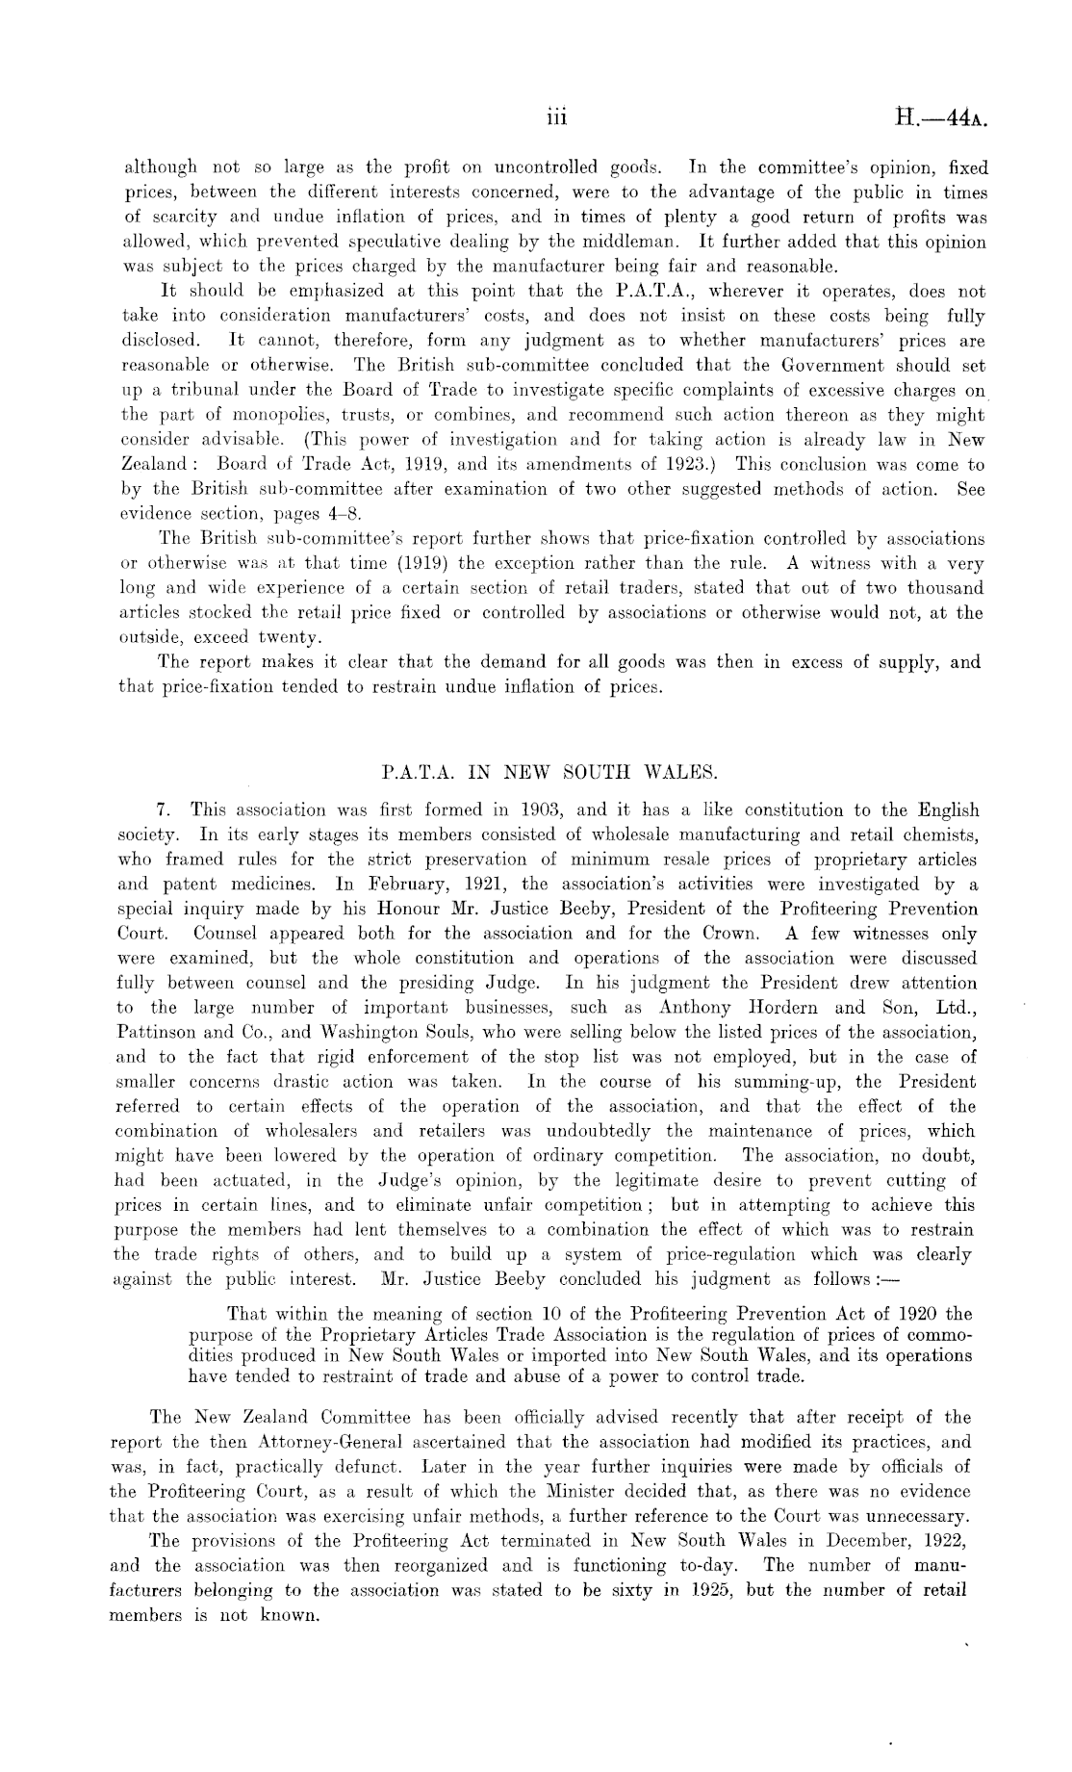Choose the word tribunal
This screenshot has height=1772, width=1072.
(198, 391)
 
